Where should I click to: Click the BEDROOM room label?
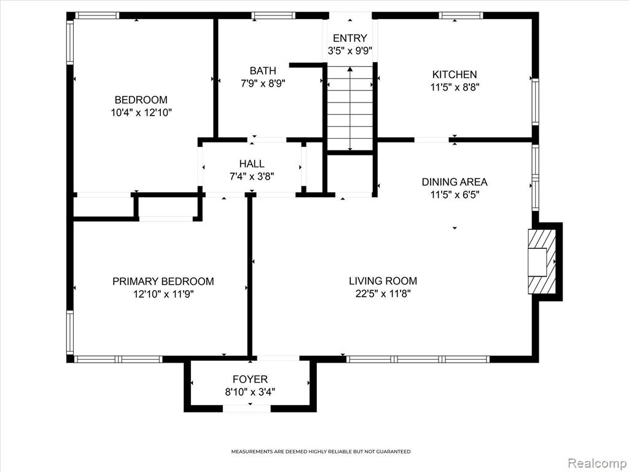pos(141,100)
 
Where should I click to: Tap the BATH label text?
pos(263,71)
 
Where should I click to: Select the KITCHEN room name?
pos(455,74)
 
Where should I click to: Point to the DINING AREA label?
pos(455,182)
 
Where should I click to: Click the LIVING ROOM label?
pos(383,280)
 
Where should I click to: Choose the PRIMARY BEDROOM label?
pos(163,281)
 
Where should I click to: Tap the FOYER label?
pos(250,379)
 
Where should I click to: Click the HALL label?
pos(251,163)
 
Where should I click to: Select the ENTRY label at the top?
pos(350,38)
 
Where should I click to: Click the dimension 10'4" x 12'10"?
pos(141,113)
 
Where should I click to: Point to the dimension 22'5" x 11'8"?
pos(383,294)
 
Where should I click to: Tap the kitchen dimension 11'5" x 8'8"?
pos(455,87)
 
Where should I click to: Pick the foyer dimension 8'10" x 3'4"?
pos(250,391)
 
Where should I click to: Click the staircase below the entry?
pos(350,108)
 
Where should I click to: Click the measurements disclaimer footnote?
pos(321,452)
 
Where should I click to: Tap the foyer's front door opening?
pos(247,409)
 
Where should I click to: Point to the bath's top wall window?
pos(273,15)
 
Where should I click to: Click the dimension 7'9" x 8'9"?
pos(263,84)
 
